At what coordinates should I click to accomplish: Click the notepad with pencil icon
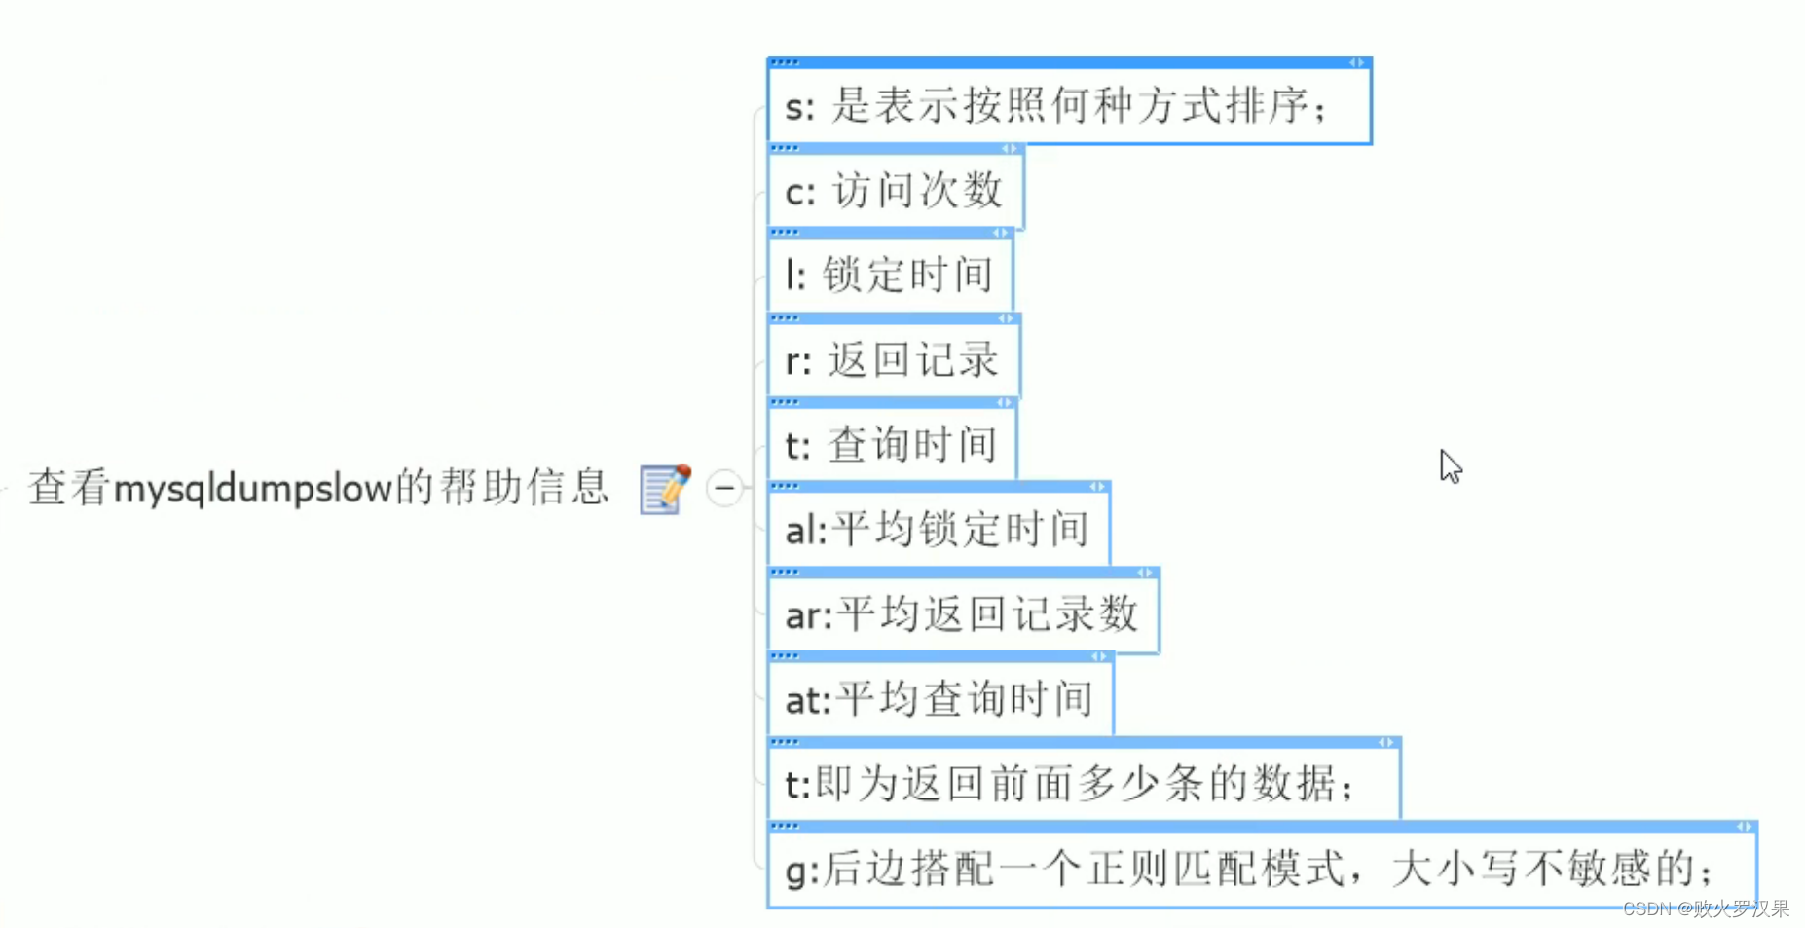tap(665, 488)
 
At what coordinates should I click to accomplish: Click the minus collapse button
tap(725, 488)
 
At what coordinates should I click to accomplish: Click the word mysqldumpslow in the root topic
tap(252, 488)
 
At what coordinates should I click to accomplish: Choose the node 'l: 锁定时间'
tap(889, 275)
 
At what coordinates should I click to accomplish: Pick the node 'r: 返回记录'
tap(892, 360)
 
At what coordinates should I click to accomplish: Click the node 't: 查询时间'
tap(891, 445)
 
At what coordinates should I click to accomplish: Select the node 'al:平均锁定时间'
tap(937, 530)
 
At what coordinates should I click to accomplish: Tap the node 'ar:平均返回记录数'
tap(962, 614)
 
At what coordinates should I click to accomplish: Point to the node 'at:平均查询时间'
tap(939, 699)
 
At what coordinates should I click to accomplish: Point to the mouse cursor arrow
tap(1450, 465)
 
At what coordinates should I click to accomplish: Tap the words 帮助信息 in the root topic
tap(524, 488)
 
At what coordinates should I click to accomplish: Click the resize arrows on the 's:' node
tap(1356, 62)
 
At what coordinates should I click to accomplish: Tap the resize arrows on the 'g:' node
tap(1744, 827)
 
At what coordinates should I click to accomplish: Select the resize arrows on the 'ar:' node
tap(1144, 573)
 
